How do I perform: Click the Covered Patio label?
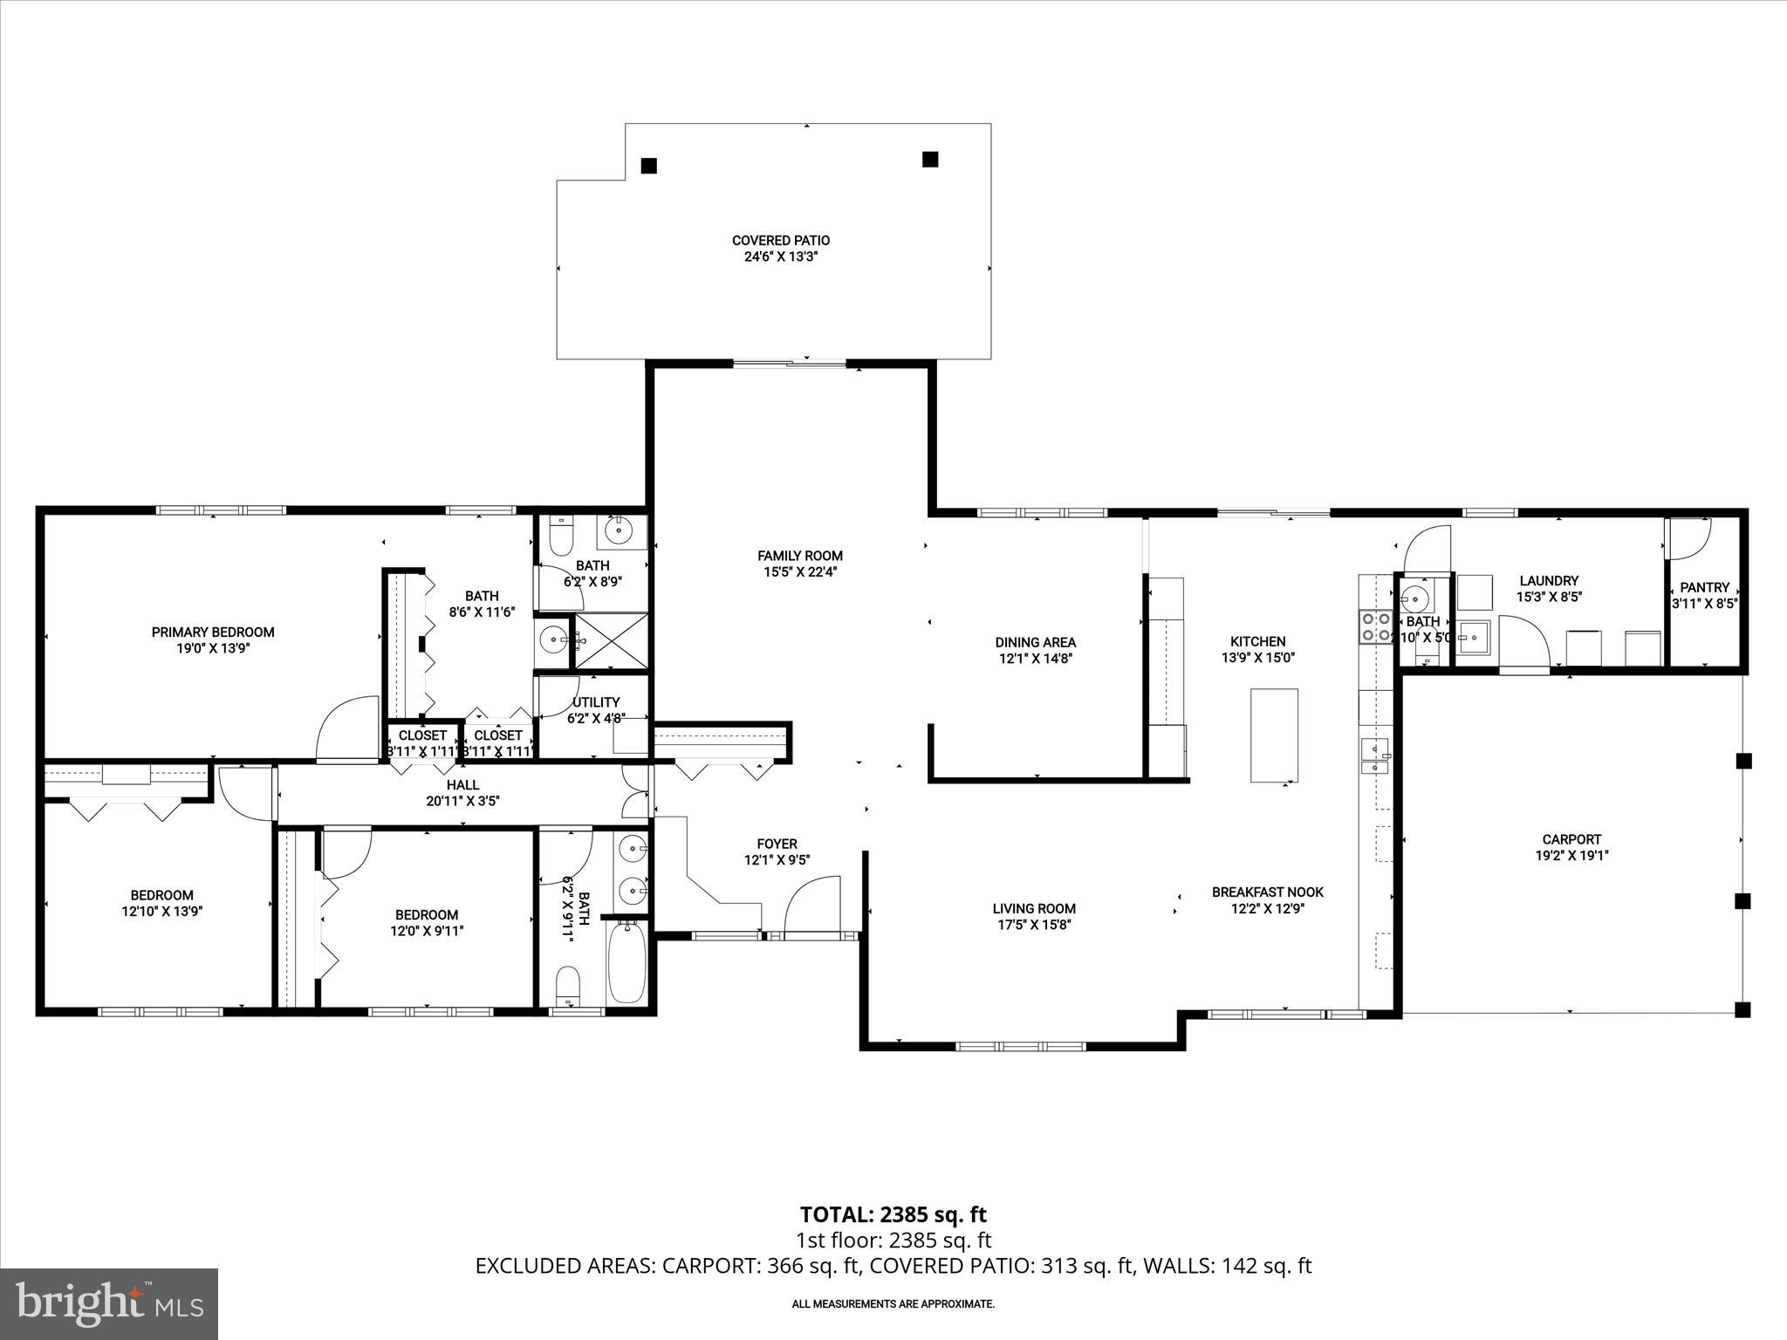click(780, 240)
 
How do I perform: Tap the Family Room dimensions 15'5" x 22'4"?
click(800, 572)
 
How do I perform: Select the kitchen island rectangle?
click(1274, 735)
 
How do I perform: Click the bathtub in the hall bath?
click(626, 962)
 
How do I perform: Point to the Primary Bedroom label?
click(213, 632)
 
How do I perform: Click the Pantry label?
click(1704, 587)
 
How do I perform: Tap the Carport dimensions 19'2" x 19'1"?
click(1571, 856)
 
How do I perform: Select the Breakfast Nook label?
click(1267, 892)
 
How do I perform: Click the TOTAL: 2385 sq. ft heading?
click(893, 1214)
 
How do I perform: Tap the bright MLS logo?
click(109, 1303)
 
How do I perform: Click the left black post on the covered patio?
click(648, 166)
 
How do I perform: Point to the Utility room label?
click(596, 702)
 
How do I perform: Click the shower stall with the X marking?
click(610, 641)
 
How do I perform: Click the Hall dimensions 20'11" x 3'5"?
click(462, 801)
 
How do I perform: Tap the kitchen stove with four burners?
click(1374, 626)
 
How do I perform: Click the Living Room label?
click(1034, 908)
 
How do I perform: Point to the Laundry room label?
click(1549, 580)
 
